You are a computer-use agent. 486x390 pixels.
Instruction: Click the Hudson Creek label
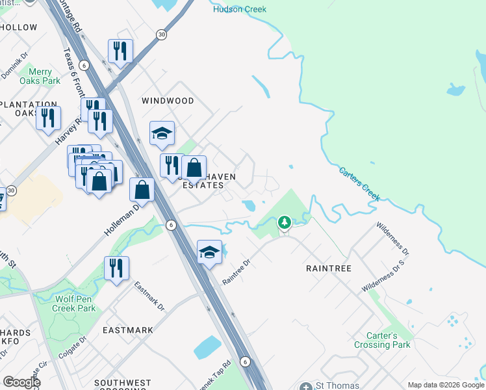coord(240,9)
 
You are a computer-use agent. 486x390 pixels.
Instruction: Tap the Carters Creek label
coord(359,184)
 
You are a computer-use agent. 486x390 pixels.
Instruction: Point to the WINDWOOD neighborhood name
coord(168,101)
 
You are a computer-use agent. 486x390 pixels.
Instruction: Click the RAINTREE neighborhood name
coord(328,268)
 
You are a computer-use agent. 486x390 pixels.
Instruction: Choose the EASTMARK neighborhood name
coord(128,330)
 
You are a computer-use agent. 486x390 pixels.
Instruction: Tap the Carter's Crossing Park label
coord(382,341)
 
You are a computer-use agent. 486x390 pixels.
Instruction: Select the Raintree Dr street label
coord(236,272)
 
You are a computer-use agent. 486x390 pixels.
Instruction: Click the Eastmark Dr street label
coord(149,296)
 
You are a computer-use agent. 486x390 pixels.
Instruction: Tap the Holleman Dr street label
coord(122,220)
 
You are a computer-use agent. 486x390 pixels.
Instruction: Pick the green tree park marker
coord(284,224)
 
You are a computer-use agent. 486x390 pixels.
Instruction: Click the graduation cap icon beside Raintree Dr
coord(209,252)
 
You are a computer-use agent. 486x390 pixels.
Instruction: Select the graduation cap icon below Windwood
coord(162,133)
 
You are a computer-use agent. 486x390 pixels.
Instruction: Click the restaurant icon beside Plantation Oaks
coord(48,118)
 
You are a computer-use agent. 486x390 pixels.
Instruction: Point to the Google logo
coord(21,382)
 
